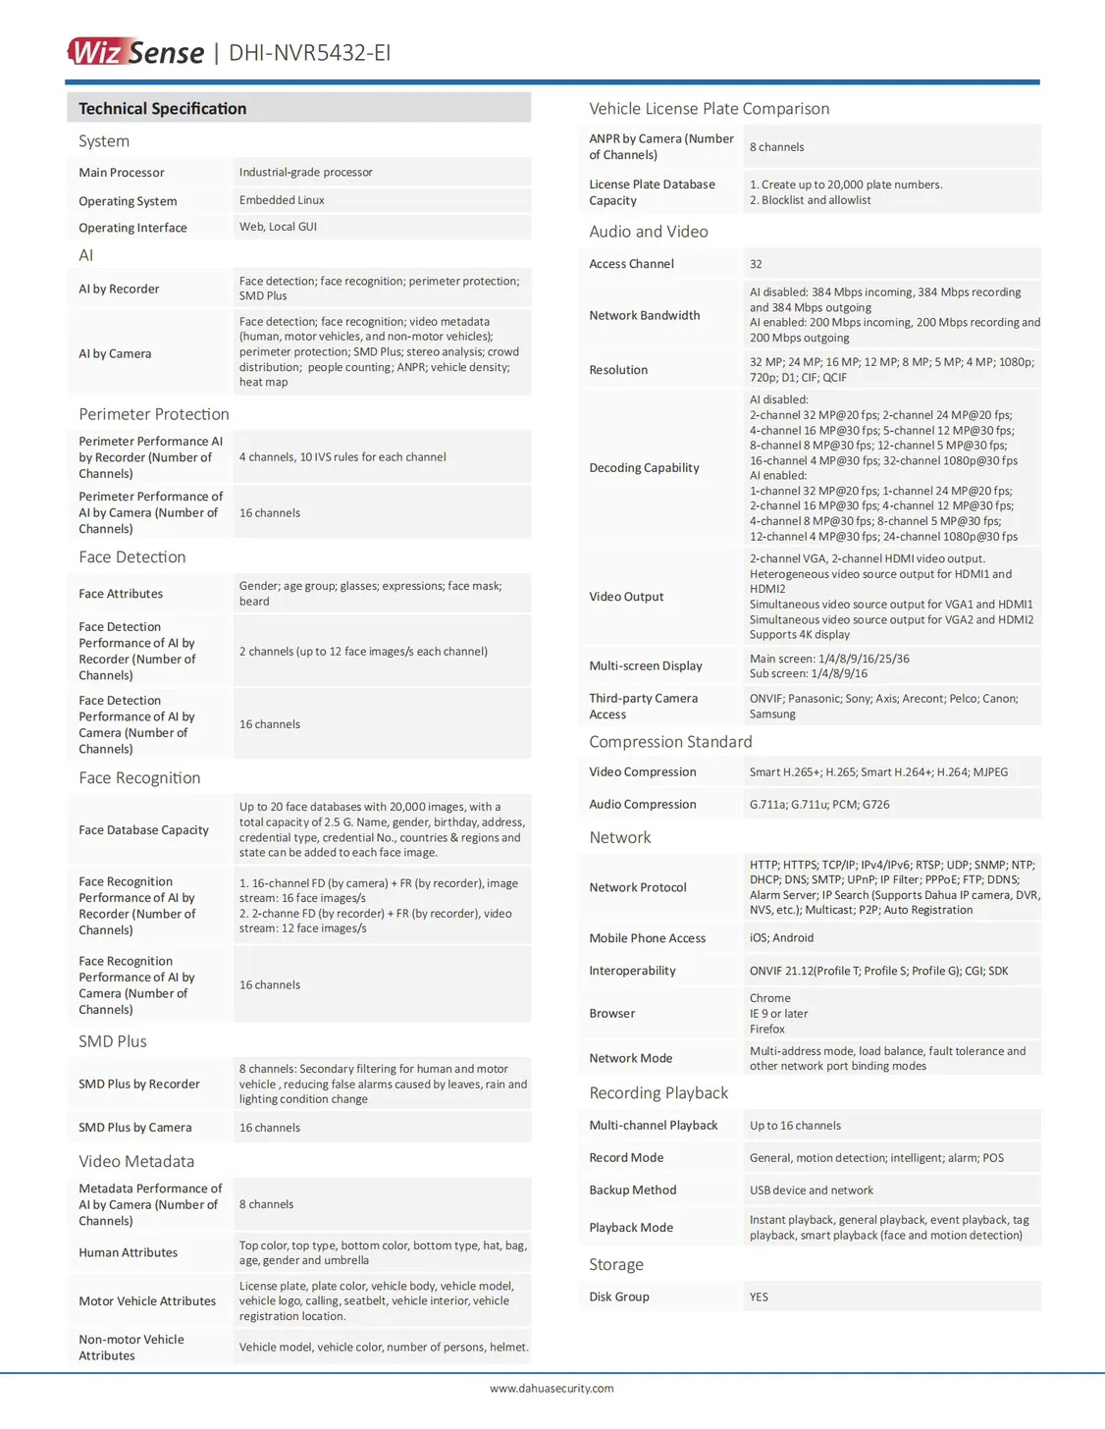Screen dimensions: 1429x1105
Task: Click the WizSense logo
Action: click(x=135, y=51)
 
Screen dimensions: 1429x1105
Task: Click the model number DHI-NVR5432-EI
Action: click(x=309, y=53)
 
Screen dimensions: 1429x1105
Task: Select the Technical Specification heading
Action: click(x=163, y=109)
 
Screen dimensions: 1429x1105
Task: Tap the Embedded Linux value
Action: click(x=282, y=200)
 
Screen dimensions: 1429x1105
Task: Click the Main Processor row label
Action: click(x=122, y=173)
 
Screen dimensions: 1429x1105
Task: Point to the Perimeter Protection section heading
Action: click(x=154, y=414)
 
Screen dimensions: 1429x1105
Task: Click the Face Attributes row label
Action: click(x=121, y=594)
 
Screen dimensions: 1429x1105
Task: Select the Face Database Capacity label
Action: click(x=143, y=830)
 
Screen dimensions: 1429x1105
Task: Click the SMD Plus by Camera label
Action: click(x=135, y=1128)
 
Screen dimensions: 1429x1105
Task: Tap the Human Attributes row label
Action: click(x=129, y=1253)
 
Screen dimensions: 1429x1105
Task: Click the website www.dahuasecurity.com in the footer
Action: click(x=552, y=1388)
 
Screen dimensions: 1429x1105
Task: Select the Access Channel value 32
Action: click(x=756, y=264)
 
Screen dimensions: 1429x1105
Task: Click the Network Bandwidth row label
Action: click(x=645, y=316)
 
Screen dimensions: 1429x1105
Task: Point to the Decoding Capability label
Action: click(x=644, y=468)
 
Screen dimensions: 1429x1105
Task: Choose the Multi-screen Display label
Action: click(x=646, y=666)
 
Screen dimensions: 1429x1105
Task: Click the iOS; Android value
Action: click(x=781, y=938)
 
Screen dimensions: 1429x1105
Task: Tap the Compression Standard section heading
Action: click(x=670, y=742)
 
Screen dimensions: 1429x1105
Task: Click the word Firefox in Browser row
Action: click(x=767, y=1030)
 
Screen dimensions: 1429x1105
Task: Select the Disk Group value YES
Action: click(x=759, y=1297)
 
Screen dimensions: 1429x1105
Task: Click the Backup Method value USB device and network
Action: click(x=812, y=1191)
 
